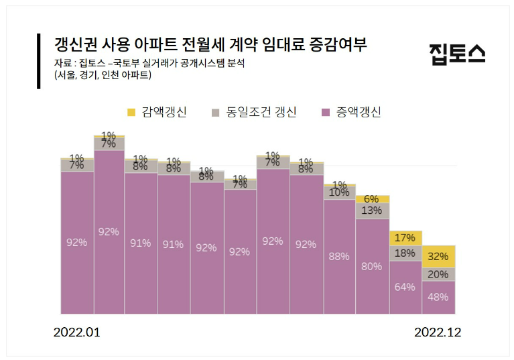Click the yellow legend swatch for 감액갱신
click(131, 111)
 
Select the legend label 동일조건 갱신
click(261, 112)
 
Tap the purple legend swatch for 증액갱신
click(326, 111)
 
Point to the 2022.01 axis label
click(76, 333)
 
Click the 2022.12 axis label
click(438, 333)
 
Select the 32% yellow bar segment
click(438, 257)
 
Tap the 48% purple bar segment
click(438, 297)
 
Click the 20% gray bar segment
click(438, 274)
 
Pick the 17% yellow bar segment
click(405, 238)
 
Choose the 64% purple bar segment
click(405, 287)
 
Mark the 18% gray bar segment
click(405, 253)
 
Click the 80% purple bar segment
click(373, 266)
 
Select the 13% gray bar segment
click(373, 211)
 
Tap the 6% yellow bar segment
click(373, 199)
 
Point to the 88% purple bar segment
click(340, 256)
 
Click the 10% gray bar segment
click(340, 192)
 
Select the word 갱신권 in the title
click(75, 46)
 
